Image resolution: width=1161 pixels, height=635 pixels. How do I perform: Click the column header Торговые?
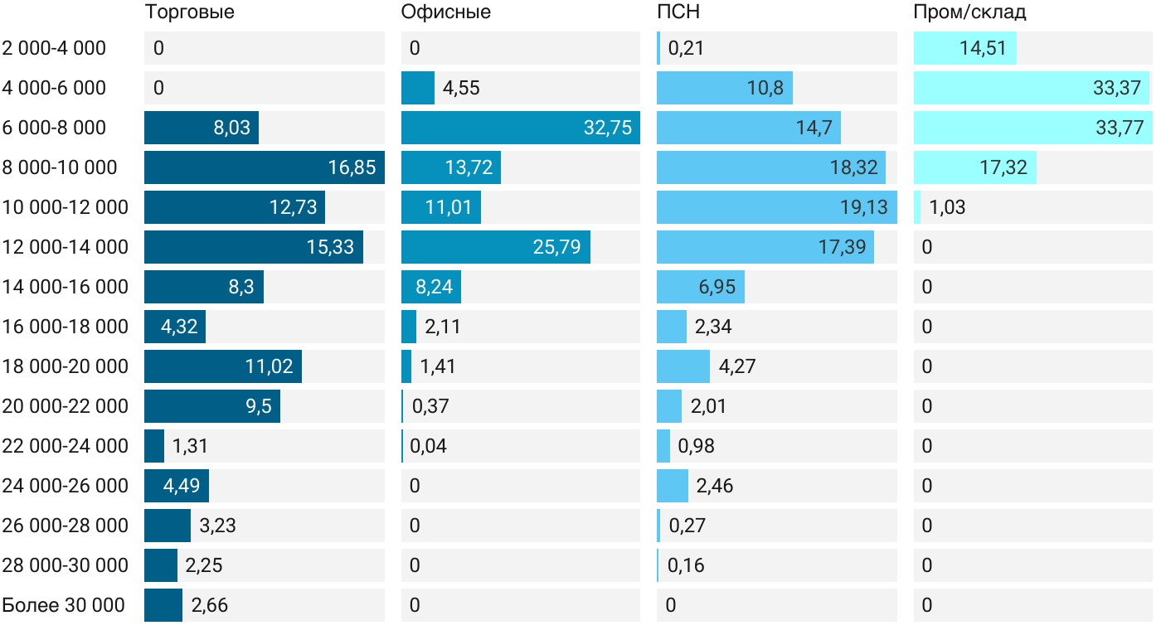[x=189, y=12]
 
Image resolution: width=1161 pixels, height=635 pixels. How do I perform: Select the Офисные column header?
[x=445, y=12]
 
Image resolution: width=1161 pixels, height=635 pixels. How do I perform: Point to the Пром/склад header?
[x=969, y=12]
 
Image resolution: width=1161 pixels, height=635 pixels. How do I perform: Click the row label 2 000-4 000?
[x=54, y=48]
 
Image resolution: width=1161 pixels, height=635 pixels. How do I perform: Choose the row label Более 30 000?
[x=64, y=605]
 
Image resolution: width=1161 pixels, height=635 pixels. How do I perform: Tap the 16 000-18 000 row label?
[x=66, y=327]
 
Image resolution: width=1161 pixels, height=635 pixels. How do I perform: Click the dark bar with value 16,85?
[x=264, y=167]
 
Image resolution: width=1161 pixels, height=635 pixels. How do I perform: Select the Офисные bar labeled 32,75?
[x=520, y=128]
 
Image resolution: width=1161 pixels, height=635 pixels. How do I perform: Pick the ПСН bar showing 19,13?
[x=776, y=207]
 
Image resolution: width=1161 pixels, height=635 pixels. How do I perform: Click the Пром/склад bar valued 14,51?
[x=964, y=48]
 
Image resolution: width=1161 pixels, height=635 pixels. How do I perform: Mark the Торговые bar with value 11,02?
[x=222, y=366]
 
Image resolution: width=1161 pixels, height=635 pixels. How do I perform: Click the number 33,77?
[x=1120, y=128]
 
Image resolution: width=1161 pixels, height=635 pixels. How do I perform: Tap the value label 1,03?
[x=947, y=207]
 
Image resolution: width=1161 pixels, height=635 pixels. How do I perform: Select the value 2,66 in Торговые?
[x=209, y=605]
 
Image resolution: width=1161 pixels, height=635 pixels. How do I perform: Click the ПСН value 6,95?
[x=717, y=287]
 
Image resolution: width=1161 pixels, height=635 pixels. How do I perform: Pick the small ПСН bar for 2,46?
[x=672, y=486]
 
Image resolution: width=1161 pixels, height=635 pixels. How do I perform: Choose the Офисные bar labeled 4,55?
[x=417, y=88]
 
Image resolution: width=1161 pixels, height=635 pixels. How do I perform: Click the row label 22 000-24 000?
[x=66, y=446]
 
